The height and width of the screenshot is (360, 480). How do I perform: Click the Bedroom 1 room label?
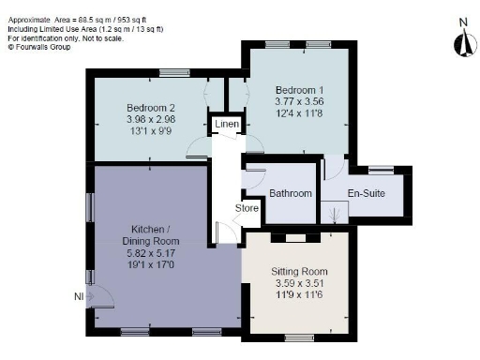pyautogui.click(x=299, y=88)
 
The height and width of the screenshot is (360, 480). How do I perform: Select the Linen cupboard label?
pyautogui.click(x=226, y=124)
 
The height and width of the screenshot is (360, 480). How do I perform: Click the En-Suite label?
pyautogui.click(x=367, y=194)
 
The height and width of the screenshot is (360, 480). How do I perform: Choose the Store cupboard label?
pyautogui.click(x=247, y=208)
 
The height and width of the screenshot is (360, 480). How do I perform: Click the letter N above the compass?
pyautogui.click(x=462, y=21)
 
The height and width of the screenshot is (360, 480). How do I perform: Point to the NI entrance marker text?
pyautogui.click(x=78, y=298)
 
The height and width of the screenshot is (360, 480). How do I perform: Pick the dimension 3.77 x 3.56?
pyautogui.click(x=299, y=100)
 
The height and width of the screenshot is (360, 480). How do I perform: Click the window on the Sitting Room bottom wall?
pyautogui.click(x=299, y=337)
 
